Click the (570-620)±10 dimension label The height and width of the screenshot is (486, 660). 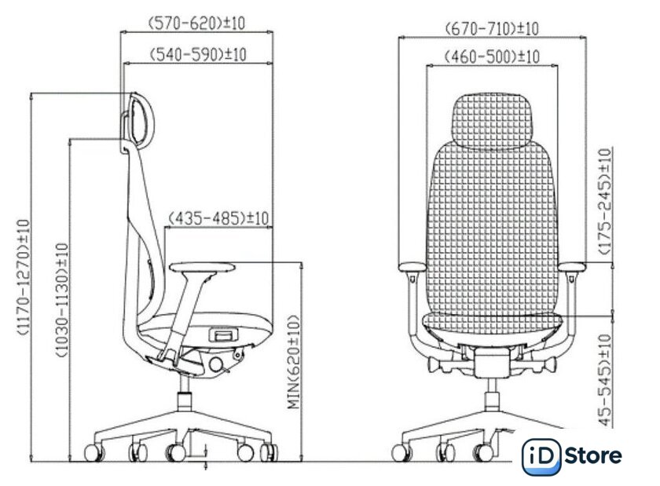(197, 23)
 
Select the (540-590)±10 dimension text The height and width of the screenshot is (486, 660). (198, 55)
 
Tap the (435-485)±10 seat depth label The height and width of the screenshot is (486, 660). (218, 218)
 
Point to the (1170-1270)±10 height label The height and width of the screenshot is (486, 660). (24, 277)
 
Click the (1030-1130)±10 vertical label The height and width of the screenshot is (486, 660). (61, 300)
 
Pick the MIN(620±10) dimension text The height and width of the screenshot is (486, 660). (294, 362)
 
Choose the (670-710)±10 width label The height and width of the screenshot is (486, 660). (492, 29)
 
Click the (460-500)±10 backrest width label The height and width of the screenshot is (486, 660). (492, 57)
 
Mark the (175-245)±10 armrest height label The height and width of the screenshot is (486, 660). (605, 201)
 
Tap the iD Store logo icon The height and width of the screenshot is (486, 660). (541, 456)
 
